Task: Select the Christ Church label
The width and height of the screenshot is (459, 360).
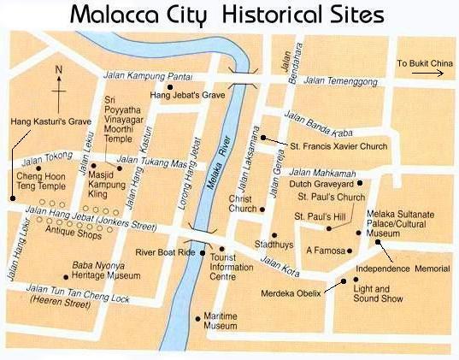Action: point(243,204)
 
